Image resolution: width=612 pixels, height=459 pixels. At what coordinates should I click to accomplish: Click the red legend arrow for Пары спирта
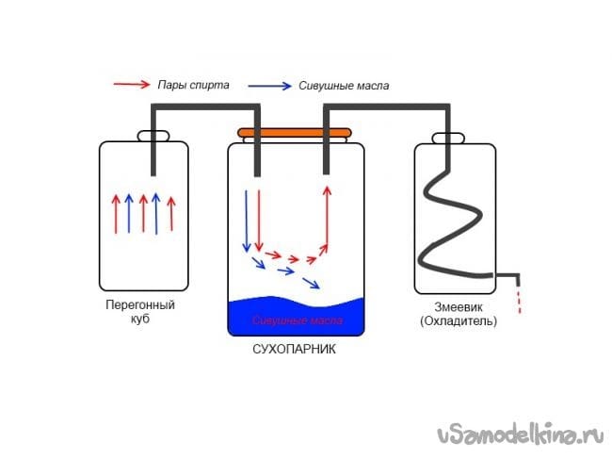tap(131, 84)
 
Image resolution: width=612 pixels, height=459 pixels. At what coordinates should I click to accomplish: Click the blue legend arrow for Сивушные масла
tap(268, 84)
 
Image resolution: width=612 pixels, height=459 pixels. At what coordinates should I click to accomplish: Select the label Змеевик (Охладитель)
tap(459, 314)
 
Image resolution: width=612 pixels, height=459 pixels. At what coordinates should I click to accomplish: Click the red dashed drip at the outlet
tap(517, 300)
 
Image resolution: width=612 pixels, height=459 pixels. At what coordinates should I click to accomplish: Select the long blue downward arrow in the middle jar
tap(247, 221)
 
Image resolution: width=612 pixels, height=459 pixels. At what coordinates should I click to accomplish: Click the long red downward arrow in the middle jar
tap(258, 221)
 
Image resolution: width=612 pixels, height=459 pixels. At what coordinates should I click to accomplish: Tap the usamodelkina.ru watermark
tap(520, 434)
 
